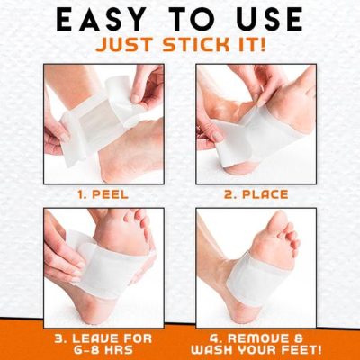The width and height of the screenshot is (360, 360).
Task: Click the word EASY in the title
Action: [x=79, y=21]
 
